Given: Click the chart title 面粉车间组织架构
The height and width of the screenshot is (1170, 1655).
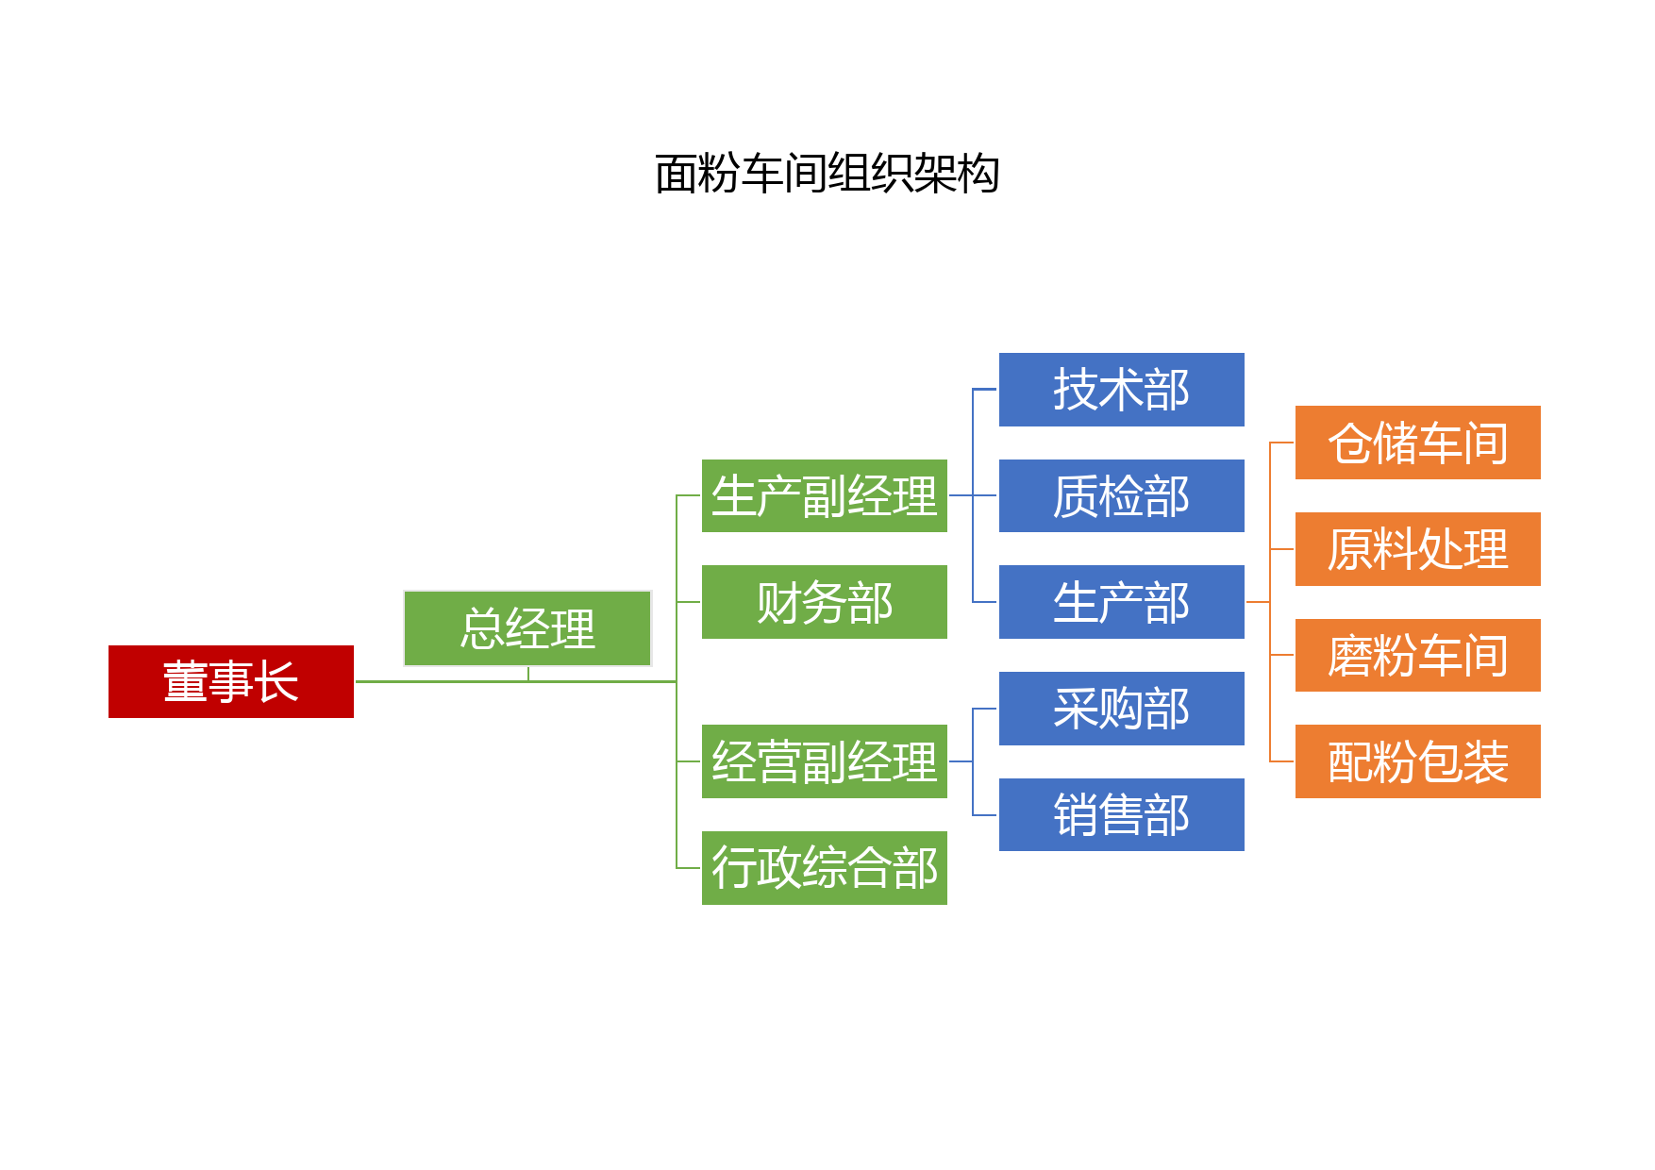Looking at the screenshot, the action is [x=827, y=174].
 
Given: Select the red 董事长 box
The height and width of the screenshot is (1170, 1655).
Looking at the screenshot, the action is [x=231, y=681].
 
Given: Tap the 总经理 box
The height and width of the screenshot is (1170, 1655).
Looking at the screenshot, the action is [x=527, y=628].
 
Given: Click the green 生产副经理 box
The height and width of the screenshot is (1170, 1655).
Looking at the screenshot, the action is [x=825, y=495].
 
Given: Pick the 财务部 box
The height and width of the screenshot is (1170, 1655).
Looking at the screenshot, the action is [x=825, y=602].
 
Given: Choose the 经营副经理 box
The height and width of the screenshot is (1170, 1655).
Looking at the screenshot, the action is [x=825, y=761].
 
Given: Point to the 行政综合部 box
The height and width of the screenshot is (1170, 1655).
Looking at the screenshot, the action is [x=825, y=868].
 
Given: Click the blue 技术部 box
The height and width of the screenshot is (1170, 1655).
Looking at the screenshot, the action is [x=1122, y=390].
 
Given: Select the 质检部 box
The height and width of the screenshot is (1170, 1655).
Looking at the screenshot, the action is [x=1122, y=495].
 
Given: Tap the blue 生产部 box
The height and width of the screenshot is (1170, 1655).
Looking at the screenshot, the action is [x=1122, y=602].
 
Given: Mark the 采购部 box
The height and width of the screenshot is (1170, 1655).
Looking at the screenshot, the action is [x=1122, y=709].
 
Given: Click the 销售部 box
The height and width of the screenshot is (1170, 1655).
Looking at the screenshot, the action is [x=1122, y=814].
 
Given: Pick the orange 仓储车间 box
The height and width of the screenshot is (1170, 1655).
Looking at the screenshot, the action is [x=1418, y=443].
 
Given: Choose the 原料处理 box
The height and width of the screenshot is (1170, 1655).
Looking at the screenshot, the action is [x=1418, y=549].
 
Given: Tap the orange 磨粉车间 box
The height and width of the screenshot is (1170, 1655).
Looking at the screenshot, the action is [x=1418, y=655].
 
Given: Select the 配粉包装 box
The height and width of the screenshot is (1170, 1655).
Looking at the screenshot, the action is [x=1418, y=761].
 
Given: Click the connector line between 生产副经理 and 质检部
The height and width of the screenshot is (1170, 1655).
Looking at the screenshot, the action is [x=973, y=495].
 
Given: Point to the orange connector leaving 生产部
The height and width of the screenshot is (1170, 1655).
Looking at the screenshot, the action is [x=1258, y=602].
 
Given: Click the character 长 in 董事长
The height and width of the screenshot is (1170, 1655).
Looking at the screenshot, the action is [x=277, y=681].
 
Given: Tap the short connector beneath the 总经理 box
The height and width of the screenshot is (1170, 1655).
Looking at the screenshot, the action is [x=528, y=674].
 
